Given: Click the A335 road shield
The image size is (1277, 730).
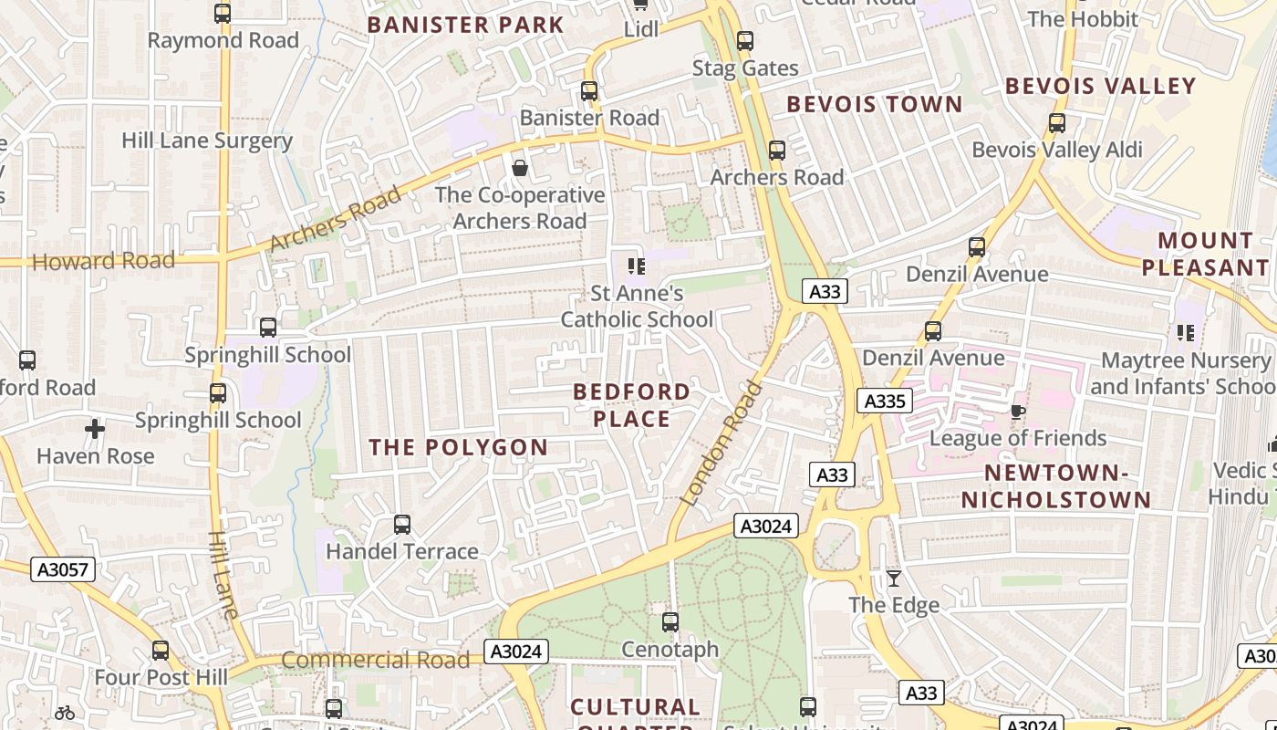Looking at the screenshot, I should pos(884,401).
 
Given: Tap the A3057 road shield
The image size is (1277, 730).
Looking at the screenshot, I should pos(63,570).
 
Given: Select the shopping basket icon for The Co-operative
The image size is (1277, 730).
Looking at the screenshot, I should pos(520,168).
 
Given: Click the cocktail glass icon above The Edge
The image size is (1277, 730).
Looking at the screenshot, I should pos(894,579).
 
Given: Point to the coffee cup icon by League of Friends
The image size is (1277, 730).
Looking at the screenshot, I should pos(1018,412).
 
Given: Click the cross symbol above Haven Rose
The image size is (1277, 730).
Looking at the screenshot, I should pos(95,428).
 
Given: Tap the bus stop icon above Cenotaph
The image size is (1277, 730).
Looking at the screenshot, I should pos(670,622).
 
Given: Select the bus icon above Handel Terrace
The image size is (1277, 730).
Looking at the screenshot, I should pos(402,525).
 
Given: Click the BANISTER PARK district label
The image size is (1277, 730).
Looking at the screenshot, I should pos(466,25).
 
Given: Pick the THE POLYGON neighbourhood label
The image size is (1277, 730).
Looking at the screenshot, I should pos(458,447).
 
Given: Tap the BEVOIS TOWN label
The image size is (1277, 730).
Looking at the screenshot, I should pos(875,104).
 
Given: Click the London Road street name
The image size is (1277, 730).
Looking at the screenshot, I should pos(721,443).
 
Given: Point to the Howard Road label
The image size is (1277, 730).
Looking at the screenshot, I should pos(103,261).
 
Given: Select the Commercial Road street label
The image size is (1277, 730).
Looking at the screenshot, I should pos(375,660).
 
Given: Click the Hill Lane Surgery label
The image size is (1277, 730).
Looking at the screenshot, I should pos(207,141).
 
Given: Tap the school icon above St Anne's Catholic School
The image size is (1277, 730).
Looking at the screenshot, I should pos(637,266).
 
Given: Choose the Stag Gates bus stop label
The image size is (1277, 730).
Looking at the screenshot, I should pos(745,68).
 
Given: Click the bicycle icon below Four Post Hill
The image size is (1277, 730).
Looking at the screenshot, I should pos(64,713).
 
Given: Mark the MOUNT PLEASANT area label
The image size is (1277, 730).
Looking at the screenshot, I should pos(1205,254).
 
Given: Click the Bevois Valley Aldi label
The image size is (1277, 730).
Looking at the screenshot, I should pos(1057,150).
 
